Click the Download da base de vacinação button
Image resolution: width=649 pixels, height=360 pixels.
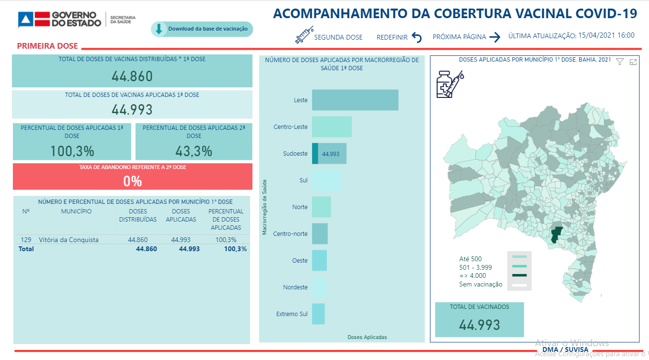pyautogui.click(x=202, y=29)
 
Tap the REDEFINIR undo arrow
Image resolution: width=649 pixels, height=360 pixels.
pyautogui.click(x=417, y=37)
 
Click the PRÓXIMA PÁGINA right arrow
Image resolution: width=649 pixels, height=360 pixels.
pyautogui.click(x=494, y=37)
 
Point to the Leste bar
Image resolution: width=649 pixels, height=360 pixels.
pyautogui.click(x=355, y=100)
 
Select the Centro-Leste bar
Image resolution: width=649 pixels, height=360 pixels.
pyautogui.click(x=332, y=127)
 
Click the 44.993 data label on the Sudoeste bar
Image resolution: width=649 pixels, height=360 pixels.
pyautogui.click(x=331, y=154)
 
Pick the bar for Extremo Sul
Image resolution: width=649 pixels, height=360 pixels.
pyautogui.click(x=318, y=314)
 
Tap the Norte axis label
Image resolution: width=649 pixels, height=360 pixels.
pyautogui.click(x=300, y=207)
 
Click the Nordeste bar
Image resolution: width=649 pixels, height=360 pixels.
pyautogui.click(x=319, y=287)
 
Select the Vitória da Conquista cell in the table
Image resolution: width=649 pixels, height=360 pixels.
pyautogui.click(x=69, y=240)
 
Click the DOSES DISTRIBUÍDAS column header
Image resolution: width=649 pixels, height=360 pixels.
pyautogui.click(x=138, y=215)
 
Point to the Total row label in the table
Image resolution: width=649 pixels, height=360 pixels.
pyautogui.click(x=26, y=249)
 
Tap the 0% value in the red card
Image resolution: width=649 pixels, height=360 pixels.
pyautogui.click(x=132, y=181)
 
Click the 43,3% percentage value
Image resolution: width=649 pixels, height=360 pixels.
pyautogui.click(x=194, y=151)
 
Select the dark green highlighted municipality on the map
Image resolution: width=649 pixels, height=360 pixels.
pyautogui.click(x=555, y=235)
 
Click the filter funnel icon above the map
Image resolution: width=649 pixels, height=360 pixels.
pyautogui.click(x=619, y=62)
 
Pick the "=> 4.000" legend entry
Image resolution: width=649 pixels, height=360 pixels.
pyautogui.click(x=472, y=275)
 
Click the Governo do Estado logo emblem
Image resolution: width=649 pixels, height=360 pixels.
pyautogui.click(x=29, y=20)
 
